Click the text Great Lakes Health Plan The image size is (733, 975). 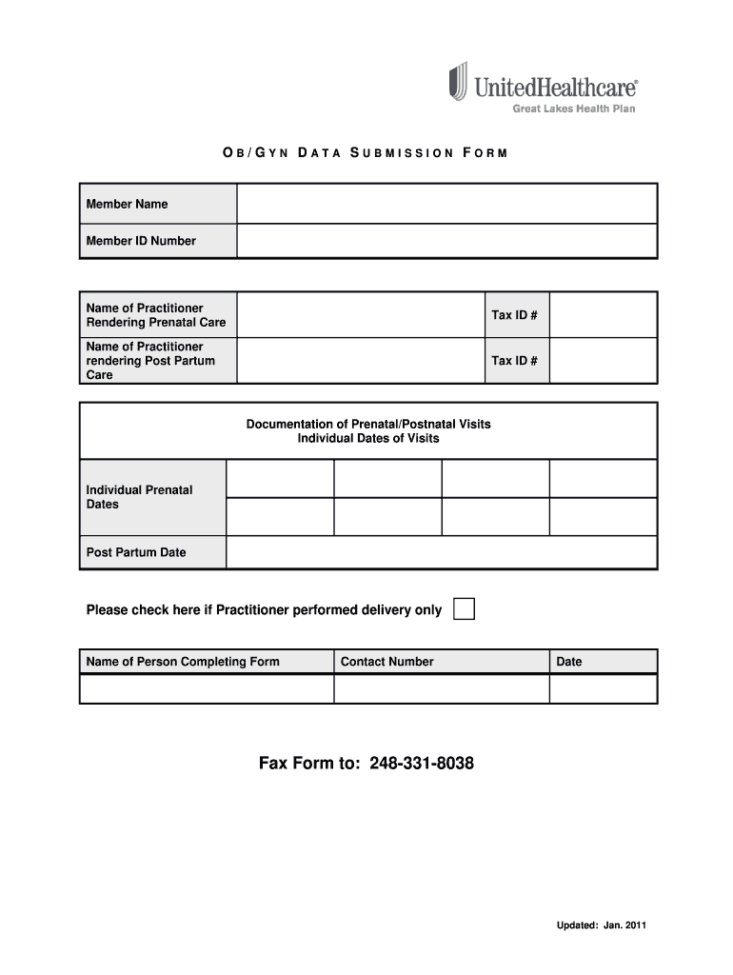click(x=574, y=109)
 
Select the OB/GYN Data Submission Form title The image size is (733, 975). click(x=366, y=152)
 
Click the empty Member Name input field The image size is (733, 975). click(x=446, y=204)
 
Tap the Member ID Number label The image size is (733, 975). click(x=141, y=241)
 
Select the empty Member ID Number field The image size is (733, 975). click(x=446, y=241)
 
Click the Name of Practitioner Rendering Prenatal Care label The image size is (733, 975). click(x=156, y=315)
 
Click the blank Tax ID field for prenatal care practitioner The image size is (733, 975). click(x=603, y=315)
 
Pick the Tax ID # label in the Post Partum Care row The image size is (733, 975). click(x=514, y=361)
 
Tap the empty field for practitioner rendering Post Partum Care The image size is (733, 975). click(x=361, y=361)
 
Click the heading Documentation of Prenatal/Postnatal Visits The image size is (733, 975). click(x=368, y=424)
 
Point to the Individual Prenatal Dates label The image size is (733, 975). click(x=139, y=497)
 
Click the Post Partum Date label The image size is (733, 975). click(x=136, y=552)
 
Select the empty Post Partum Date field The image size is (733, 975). click(x=441, y=552)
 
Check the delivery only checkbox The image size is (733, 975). click(x=464, y=609)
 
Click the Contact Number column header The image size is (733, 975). click(x=386, y=662)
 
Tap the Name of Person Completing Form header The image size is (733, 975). click(x=183, y=662)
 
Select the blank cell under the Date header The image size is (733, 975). click(x=603, y=688)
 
